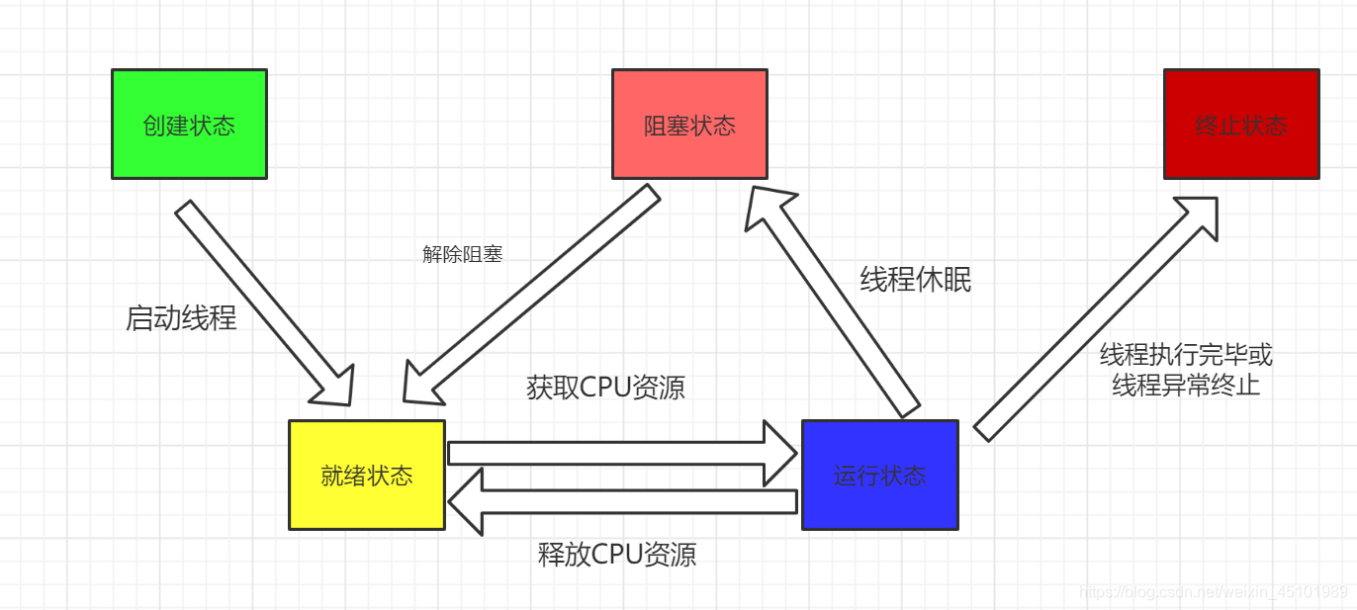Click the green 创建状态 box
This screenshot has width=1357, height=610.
click(x=189, y=125)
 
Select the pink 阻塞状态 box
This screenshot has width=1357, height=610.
click(x=689, y=125)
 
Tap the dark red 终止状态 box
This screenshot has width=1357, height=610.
click(x=1240, y=125)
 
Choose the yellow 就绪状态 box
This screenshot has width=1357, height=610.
click(x=366, y=475)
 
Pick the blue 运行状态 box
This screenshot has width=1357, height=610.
click(x=879, y=475)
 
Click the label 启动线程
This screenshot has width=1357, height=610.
click(x=181, y=317)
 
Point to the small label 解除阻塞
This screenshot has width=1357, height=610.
click(x=463, y=254)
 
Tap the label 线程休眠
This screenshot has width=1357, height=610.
click(x=915, y=280)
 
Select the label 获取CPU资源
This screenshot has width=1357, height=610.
click(x=605, y=388)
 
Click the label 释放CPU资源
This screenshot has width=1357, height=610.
click(x=617, y=554)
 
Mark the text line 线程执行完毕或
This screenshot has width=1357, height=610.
click(x=1186, y=355)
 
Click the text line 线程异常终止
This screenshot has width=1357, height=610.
click(x=1186, y=385)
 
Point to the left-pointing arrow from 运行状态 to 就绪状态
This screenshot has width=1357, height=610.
click(x=623, y=502)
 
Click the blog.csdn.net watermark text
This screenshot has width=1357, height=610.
click(x=1213, y=592)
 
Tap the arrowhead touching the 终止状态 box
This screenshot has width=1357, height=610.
click(x=1199, y=215)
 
